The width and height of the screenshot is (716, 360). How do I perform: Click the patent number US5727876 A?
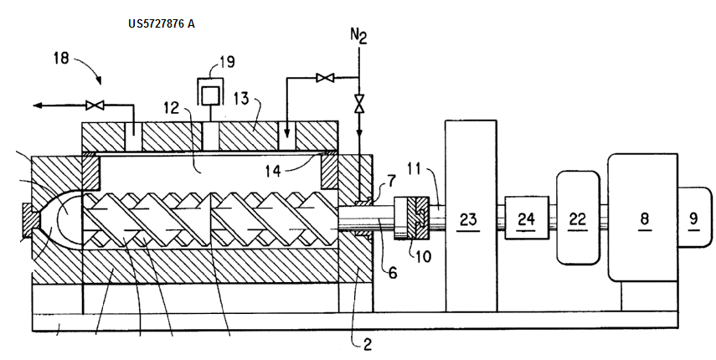tap(162, 23)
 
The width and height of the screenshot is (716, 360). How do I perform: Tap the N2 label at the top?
tap(358, 36)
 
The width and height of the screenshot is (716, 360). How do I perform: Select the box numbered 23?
tap(468, 219)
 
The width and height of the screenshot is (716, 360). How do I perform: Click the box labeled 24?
tap(526, 219)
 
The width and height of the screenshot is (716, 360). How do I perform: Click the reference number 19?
tap(227, 61)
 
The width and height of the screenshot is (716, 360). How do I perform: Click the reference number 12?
tap(171, 108)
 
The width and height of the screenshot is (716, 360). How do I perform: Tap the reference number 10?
tap(424, 256)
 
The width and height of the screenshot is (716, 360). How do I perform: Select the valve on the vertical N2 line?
tap(358, 104)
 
